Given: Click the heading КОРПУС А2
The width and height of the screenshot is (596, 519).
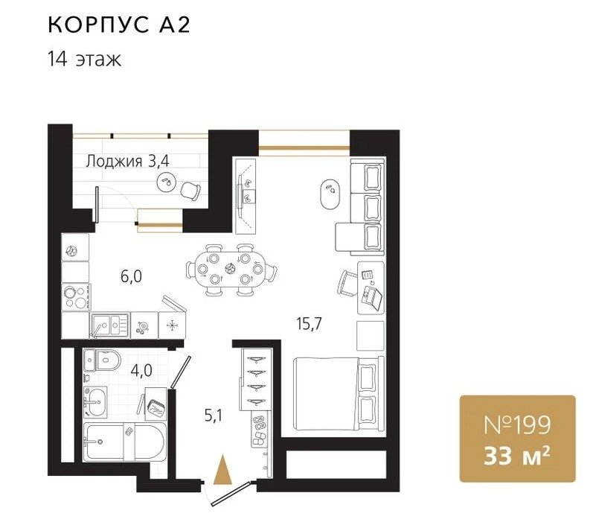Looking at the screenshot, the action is pyautogui.click(x=119, y=25).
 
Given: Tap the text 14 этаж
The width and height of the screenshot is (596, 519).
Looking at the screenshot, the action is pyautogui.click(x=84, y=60).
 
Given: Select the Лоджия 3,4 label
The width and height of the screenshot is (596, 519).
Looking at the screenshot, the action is pyautogui.click(x=127, y=162).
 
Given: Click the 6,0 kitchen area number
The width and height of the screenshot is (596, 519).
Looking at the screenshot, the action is pyautogui.click(x=132, y=276).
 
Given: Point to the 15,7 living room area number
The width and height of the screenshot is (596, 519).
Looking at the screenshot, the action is pyautogui.click(x=309, y=324).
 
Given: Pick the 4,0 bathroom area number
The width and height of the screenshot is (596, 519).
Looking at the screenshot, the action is pyautogui.click(x=141, y=370).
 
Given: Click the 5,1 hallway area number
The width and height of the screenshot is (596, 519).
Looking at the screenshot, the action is pyautogui.click(x=214, y=415).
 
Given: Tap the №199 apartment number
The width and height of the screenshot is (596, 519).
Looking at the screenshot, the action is pyautogui.click(x=517, y=424).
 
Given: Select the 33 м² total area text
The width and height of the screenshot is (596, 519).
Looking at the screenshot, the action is pyautogui.click(x=517, y=456).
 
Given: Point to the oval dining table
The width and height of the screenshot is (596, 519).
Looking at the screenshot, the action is pyautogui.click(x=231, y=270).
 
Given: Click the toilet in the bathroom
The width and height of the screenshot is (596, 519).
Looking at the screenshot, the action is pyautogui.click(x=108, y=360).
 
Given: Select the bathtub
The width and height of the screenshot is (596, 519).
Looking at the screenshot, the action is pyautogui.click(x=126, y=442).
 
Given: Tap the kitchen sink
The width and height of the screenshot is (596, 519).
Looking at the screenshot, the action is pyautogui.click(x=110, y=325).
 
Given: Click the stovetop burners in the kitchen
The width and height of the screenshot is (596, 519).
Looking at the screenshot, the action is pyautogui.click(x=75, y=297).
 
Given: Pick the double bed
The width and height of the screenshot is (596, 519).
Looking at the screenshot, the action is pyautogui.click(x=339, y=393).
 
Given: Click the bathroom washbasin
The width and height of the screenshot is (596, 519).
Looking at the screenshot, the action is pyautogui.click(x=95, y=401).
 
